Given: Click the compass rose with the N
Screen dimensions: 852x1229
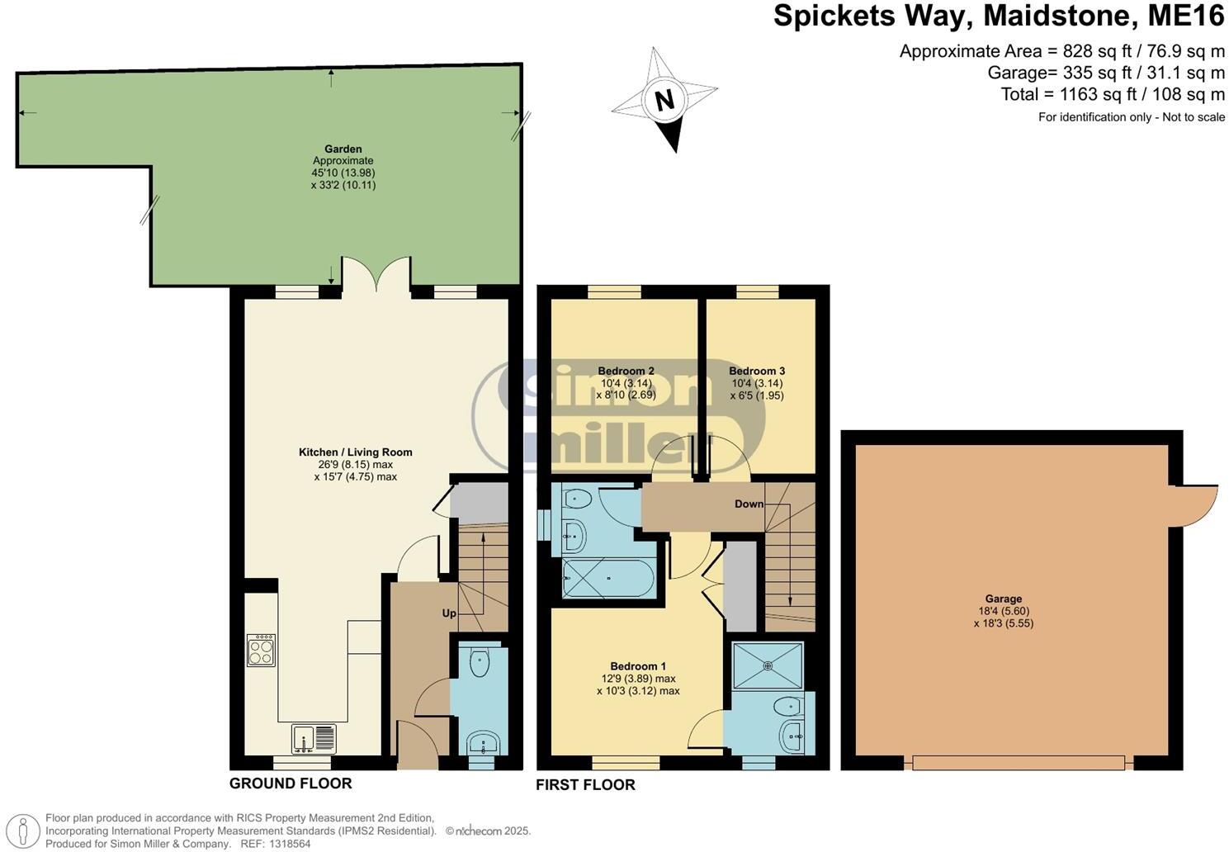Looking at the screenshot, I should (x=664, y=100).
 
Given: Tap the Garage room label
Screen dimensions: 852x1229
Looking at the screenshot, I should (x=1003, y=599).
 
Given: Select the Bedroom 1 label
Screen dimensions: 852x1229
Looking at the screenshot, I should (x=637, y=666).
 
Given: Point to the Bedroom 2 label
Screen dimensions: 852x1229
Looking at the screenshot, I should (x=626, y=371).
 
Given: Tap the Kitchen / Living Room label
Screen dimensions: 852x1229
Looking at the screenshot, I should (x=355, y=452).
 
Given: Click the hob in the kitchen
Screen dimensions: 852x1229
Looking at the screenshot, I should (x=261, y=650).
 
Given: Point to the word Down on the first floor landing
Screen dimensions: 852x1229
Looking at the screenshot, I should (x=749, y=504).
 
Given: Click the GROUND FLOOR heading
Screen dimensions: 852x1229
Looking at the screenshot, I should (x=291, y=783).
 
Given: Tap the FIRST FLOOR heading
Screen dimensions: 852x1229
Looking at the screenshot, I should (x=585, y=784).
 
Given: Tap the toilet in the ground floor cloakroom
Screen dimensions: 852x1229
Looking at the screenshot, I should (x=480, y=660).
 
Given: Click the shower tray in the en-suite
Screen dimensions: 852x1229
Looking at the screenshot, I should (x=768, y=665).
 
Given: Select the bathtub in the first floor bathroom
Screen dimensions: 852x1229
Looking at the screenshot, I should (x=608, y=578).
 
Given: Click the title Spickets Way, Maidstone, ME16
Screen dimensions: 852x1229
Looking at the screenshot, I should (x=999, y=17).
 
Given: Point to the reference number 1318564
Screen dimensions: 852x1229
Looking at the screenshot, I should (x=287, y=844).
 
